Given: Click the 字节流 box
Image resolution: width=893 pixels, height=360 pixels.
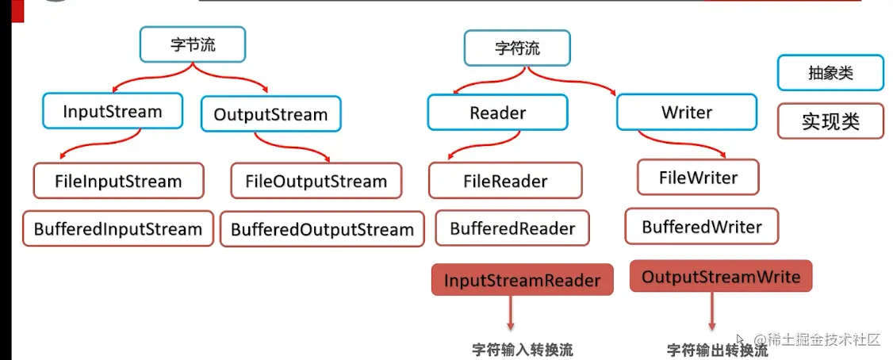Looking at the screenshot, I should click(193, 44).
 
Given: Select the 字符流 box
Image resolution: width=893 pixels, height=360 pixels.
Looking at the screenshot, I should click(517, 48).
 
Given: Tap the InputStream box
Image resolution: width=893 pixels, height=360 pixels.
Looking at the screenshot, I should click(113, 112).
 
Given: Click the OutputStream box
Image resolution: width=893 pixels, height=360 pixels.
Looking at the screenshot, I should click(270, 114).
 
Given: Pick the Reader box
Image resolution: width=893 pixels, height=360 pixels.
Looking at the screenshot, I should click(497, 113).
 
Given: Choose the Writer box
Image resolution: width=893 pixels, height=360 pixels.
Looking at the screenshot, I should click(686, 113).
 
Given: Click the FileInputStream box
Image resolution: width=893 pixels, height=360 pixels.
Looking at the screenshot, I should click(118, 181).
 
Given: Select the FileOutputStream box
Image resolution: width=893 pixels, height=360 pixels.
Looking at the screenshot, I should click(316, 181).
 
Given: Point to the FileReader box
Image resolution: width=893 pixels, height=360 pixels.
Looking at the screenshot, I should click(505, 181).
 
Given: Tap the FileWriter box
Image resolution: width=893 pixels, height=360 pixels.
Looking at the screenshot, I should click(698, 178).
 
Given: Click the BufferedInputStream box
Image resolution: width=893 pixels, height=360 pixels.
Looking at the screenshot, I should click(118, 229).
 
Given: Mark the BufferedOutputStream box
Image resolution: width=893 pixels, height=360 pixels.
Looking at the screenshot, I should click(322, 230).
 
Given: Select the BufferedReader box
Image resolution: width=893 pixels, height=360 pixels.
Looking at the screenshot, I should click(512, 228).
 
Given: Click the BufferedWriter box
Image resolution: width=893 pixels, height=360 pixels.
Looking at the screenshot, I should click(701, 227).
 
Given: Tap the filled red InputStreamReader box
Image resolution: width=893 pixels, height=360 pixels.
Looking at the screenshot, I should click(522, 280).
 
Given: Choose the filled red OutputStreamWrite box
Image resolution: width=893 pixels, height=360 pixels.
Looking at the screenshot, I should click(720, 277).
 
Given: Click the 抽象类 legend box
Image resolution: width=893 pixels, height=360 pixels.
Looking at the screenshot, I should click(830, 73).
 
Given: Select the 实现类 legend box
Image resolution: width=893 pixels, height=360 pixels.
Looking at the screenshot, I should click(830, 121).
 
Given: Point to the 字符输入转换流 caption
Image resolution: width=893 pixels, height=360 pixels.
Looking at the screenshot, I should click(522, 350).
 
